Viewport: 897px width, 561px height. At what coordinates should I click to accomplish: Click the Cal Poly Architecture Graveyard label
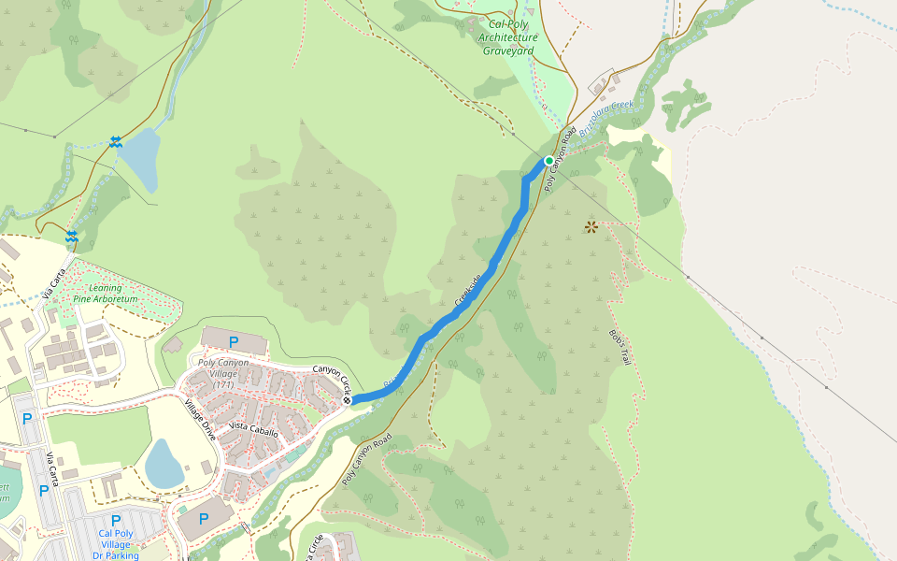(x=507, y=37)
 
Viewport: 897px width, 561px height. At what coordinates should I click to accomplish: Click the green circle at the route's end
(x=549, y=160)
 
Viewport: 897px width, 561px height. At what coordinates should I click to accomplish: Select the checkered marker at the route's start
(x=347, y=400)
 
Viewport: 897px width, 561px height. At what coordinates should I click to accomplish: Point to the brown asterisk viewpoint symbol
(x=591, y=226)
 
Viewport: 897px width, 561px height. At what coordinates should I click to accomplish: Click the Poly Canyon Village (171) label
(x=223, y=373)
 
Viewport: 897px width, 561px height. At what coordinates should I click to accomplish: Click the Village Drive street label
(x=200, y=422)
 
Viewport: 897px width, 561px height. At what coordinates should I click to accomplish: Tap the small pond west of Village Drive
(x=164, y=463)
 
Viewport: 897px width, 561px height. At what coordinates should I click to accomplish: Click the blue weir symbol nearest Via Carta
(x=71, y=236)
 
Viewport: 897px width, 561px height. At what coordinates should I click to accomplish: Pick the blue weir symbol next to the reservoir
(x=115, y=141)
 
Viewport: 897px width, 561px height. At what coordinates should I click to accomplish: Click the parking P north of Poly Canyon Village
(x=234, y=341)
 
